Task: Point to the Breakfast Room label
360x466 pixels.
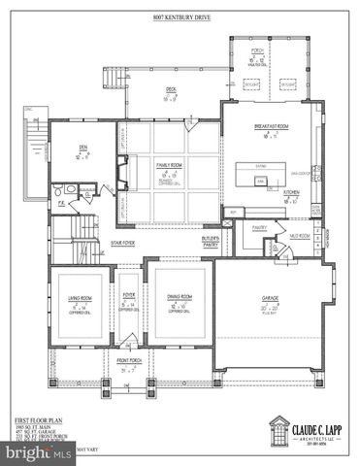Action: [x=273, y=127]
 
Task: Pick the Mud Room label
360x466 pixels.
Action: [x=299, y=235]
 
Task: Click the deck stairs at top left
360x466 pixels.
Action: [x=119, y=76]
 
